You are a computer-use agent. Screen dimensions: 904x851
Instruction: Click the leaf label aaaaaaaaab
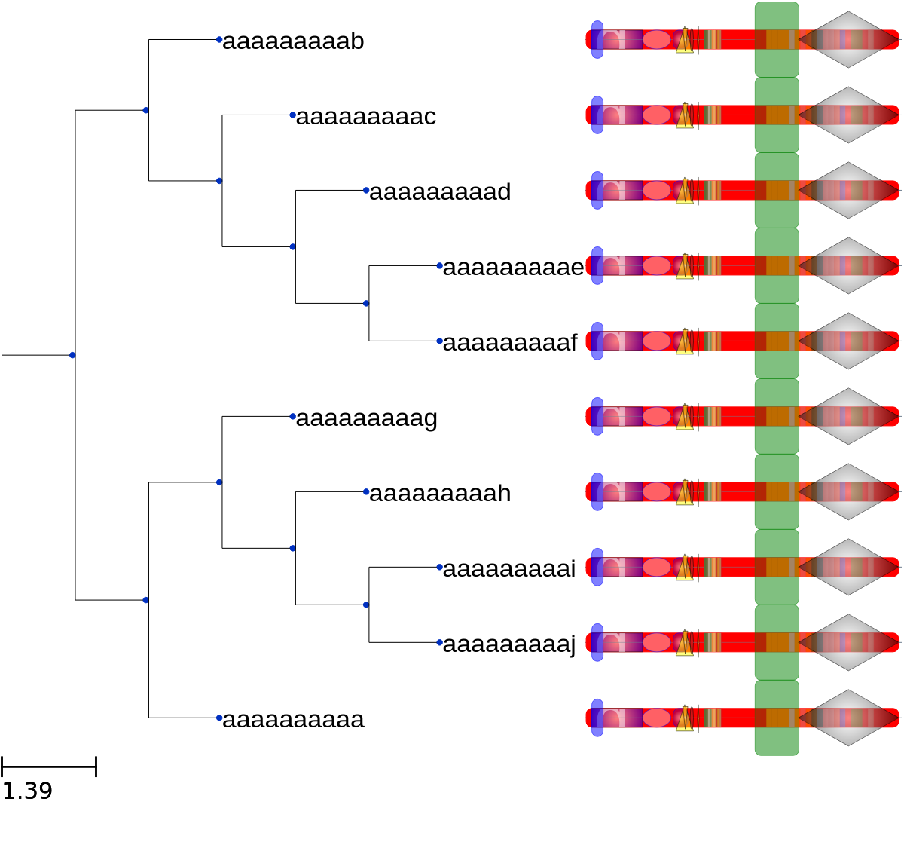tap(293, 41)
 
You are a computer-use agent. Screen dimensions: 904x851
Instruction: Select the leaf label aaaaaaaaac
tap(366, 117)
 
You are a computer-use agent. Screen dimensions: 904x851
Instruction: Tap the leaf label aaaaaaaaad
tap(440, 191)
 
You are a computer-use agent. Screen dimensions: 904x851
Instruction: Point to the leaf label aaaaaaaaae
tap(513, 268)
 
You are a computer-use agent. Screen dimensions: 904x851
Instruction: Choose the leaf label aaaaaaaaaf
tap(510, 343)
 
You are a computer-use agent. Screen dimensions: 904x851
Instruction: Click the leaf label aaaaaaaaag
tap(366, 418)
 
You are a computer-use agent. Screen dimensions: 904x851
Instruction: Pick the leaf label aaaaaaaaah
tap(440, 494)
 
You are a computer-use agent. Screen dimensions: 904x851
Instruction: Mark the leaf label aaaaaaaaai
tap(509, 569)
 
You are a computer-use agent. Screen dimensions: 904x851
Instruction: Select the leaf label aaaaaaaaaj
tap(509, 644)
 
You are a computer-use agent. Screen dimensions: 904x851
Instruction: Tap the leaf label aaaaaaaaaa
tap(293, 720)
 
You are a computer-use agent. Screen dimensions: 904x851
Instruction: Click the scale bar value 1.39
tap(27, 791)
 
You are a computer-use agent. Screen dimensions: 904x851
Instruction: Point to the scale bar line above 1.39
tap(49, 767)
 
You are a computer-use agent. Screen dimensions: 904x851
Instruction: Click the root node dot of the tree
tap(72, 355)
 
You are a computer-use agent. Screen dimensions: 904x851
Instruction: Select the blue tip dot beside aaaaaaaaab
tap(219, 40)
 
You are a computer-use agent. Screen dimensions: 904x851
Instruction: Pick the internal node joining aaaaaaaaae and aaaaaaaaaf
tap(366, 304)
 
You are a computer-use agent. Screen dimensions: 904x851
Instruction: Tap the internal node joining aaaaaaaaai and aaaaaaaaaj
tap(366, 605)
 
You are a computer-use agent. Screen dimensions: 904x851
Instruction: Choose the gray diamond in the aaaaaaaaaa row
tap(848, 718)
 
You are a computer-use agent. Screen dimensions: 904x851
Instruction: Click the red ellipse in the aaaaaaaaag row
tap(656, 416)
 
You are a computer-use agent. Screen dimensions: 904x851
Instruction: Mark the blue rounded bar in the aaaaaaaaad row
tap(597, 191)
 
